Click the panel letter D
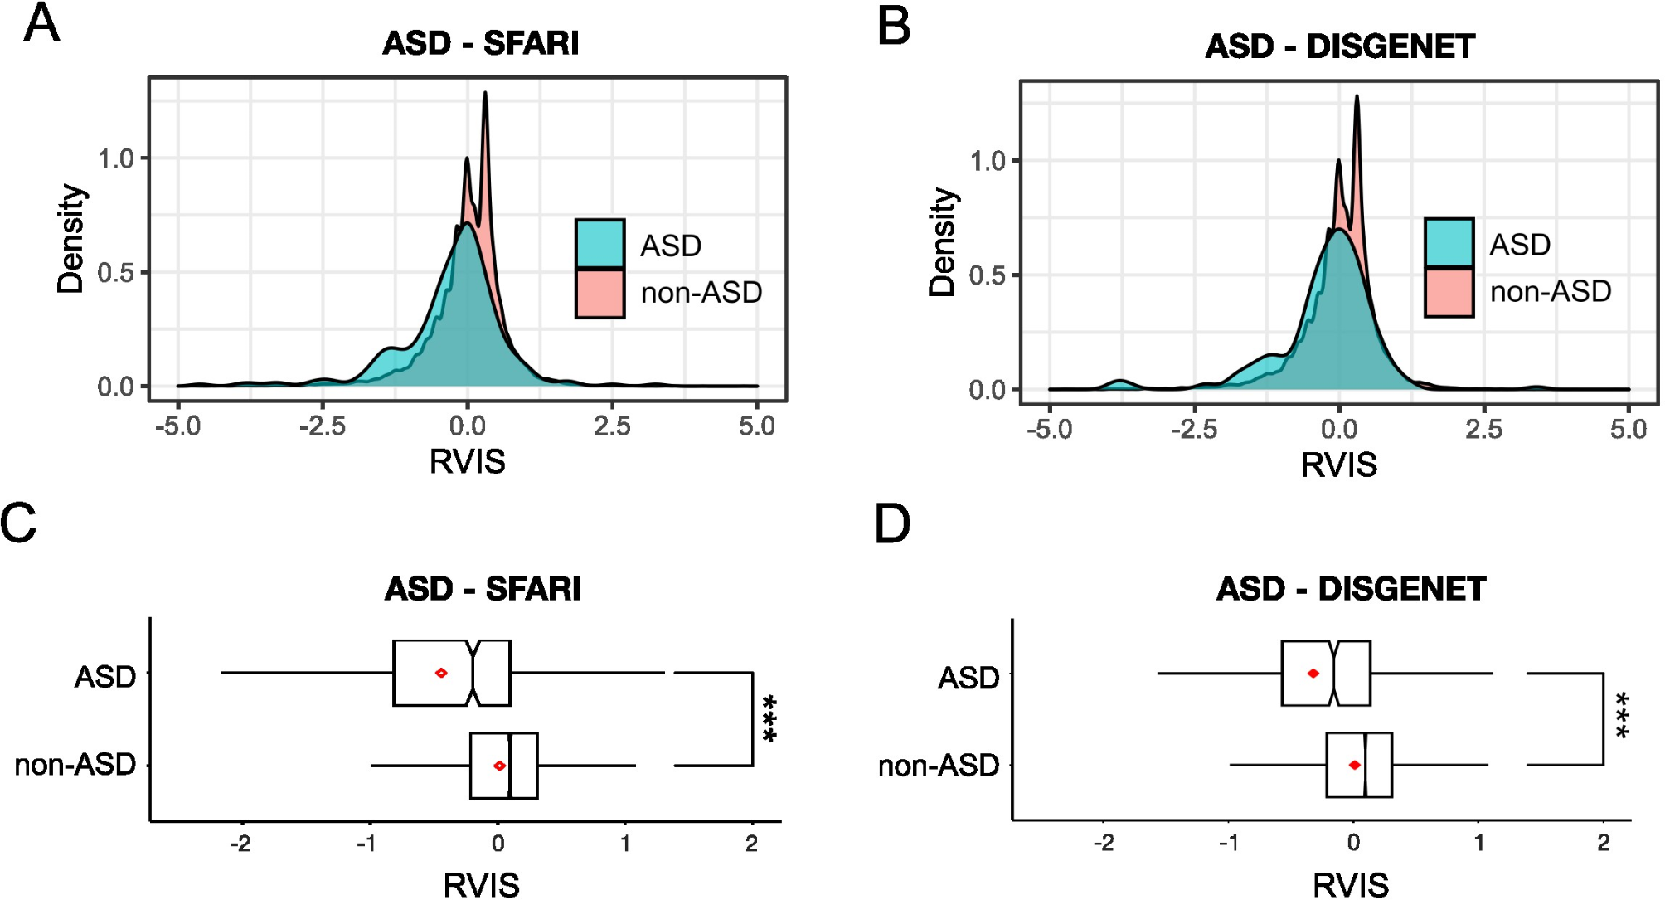[892, 524]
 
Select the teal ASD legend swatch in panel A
[599, 244]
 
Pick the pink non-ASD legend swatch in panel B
[1449, 292]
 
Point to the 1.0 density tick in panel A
[115, 158]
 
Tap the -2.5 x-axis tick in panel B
[1194, 429]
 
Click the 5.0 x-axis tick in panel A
[756, 426]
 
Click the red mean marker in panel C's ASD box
[441, 673]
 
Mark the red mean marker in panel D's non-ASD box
[1354, 765]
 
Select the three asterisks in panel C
[769, 718]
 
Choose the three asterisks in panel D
[1622, 716]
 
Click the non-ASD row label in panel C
[75, 765]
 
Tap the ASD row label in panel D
[968, 679]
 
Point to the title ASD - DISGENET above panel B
[1340, 46]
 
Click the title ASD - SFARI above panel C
[483, 589]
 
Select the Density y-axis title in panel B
[942, 242]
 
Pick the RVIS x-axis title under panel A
[467, 462]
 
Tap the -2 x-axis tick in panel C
[240, 844]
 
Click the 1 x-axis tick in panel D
[1479, 843]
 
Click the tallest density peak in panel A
[485, 94]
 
